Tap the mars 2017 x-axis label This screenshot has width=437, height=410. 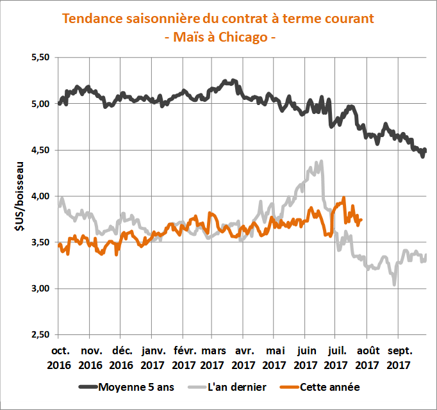pyautogui.click(x=213, y=358)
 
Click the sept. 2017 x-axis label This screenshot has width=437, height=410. pyautogui.click(x=398, y=358)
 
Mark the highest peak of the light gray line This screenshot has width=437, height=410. pyautogui.click(x=320, y=162)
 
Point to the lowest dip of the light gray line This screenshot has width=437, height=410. pyautogui.click(x=394, y=284)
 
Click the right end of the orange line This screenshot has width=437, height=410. pyautogui.click(x=361, y=220)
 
